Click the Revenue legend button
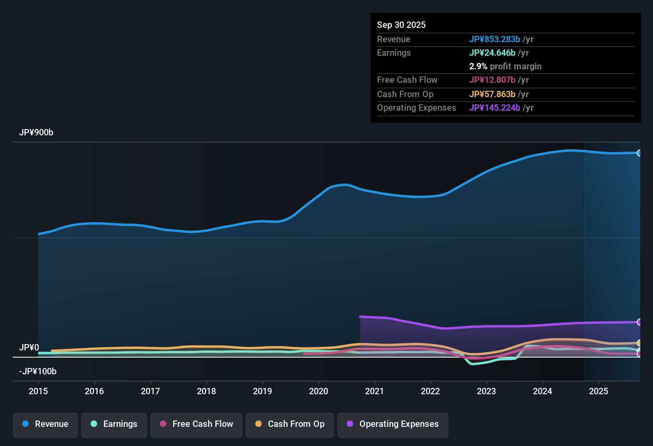click(45, 424)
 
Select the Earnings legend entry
click(114, 424)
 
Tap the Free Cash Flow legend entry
click(196, 424)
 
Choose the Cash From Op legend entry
click(290, 424)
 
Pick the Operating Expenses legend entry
click(393, 424)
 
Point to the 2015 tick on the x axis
click(38, 391)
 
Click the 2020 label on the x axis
click(319, 391)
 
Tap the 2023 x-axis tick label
click(486, 391)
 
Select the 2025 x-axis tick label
click(599, 391)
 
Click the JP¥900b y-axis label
click(36, 133)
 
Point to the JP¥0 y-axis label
click(29, 347)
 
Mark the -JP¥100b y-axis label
click(38, 371)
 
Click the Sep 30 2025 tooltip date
click(401, 25)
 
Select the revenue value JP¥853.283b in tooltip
click(495, 39)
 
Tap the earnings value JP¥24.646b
click(492, 53)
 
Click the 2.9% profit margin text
click(505, 66)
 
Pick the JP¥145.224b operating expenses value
click(495, 108)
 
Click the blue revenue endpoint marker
click(639, 153)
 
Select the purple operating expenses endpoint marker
click(639, 322)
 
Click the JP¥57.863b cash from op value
click(492, 94)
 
